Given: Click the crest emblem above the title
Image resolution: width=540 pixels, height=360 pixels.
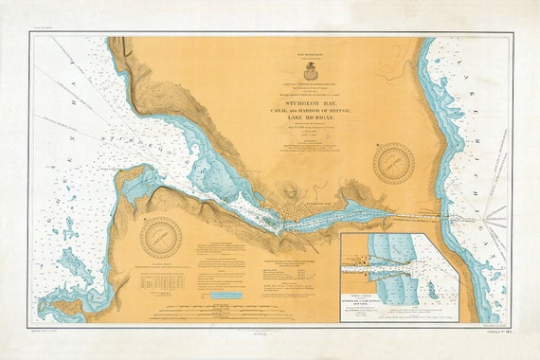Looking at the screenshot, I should [310, 70].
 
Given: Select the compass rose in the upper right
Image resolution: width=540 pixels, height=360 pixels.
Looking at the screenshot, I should [393, 163].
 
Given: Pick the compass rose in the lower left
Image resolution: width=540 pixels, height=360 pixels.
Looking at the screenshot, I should [160, 237].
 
